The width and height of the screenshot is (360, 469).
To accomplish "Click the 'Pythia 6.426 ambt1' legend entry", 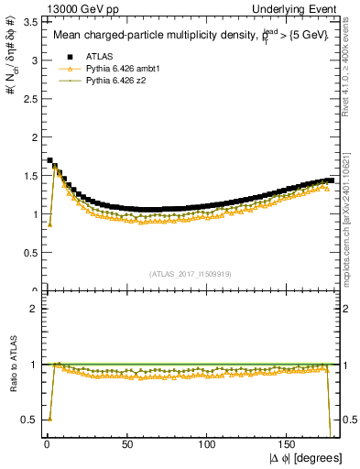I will (122, 69).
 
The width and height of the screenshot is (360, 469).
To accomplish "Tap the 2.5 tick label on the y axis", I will (28, 99).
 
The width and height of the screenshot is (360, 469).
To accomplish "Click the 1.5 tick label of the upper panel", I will (28, 176).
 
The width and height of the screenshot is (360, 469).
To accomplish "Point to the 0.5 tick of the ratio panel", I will (28, 420).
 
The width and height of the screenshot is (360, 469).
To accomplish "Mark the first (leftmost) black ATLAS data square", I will (49, 160).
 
